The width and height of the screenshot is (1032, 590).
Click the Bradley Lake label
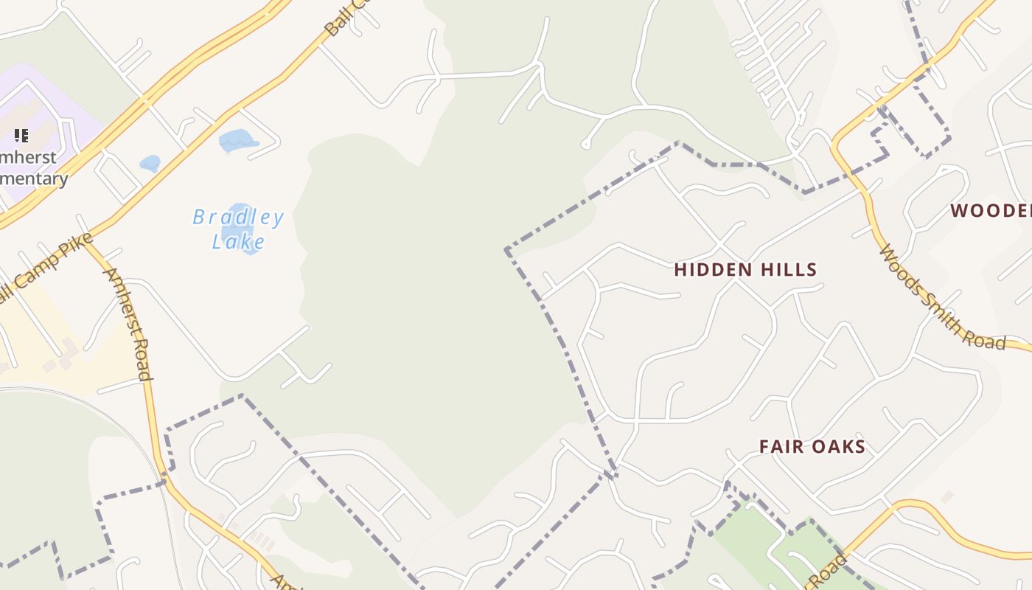pyautogui.click(x=237, y=229)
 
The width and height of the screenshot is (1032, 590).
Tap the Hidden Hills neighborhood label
pyautogui.click(x=745, y=270)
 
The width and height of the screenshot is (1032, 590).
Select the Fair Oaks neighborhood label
pyautogui.click(x=812, y=447)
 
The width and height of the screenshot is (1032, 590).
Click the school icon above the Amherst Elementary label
pyautogui.click(x=21, y=135)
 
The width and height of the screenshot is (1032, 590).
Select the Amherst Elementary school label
pyautogui.click(x=33, y=168)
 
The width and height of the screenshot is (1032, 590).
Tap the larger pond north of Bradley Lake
pyautogui.click(x=236, y=140)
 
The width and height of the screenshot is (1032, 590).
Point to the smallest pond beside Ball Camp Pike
pyautogui.click(x=150, y=163)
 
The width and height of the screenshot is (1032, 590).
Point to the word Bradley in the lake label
pyautogui.click(x=237, y=218)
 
